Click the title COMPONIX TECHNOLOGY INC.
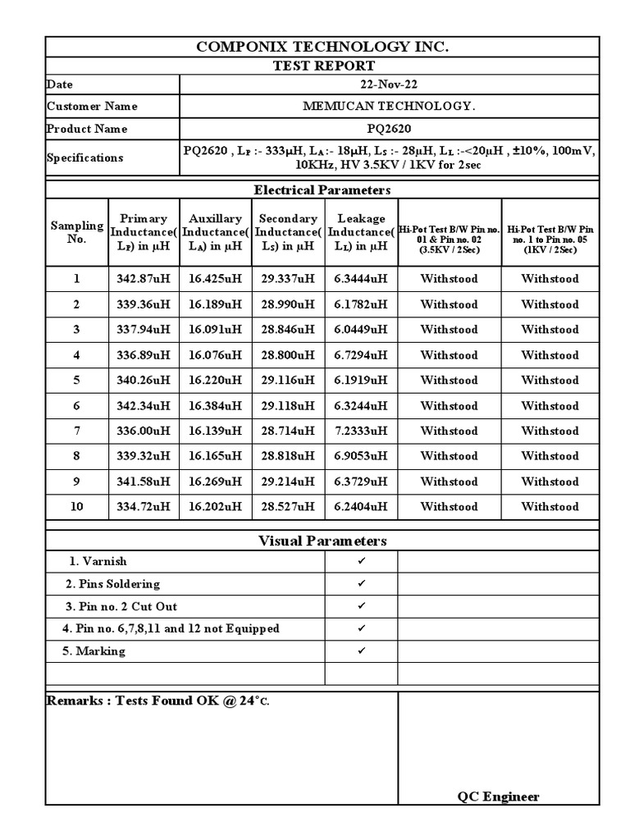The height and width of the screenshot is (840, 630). pyautogui.click(x=322, y=47)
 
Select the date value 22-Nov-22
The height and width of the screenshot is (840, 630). pyautogui.click(x=389, y=84)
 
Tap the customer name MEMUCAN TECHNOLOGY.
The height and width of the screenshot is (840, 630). pyautogui.click(x=389, y=107)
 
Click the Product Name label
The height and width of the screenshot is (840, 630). pyautogui.click(x=87, y=130)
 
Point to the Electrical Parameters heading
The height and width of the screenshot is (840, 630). pyautogui.click(x=322, y=190)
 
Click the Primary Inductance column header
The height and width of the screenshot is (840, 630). pyautogui.click(x=144, y=232)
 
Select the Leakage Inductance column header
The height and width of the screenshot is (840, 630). pyautogui.click(x=361, y=232)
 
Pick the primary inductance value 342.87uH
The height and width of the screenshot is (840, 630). pyautogui.click(x=144, y=279)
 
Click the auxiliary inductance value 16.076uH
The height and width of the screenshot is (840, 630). pyautogui.click(x=215, y=355)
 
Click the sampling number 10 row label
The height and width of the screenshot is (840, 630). pyautogui.click(x=76, y=507)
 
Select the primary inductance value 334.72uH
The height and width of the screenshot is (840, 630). pyautogui.click(x=144, y=507)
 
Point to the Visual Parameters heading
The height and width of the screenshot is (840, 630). pyautogui.click(x=322, y=541)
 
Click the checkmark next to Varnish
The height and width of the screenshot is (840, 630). pyautogui.click(x=361, y=561)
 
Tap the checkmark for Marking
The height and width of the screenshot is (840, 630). pyautogui.click(x=361, y=651)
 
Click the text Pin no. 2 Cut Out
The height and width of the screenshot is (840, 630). pyautogui.click(x=121, y=607)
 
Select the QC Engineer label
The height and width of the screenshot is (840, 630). pyautogui.click(x=498, y=797)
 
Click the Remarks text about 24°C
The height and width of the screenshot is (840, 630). pyautogui.click(x=157, y=701)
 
